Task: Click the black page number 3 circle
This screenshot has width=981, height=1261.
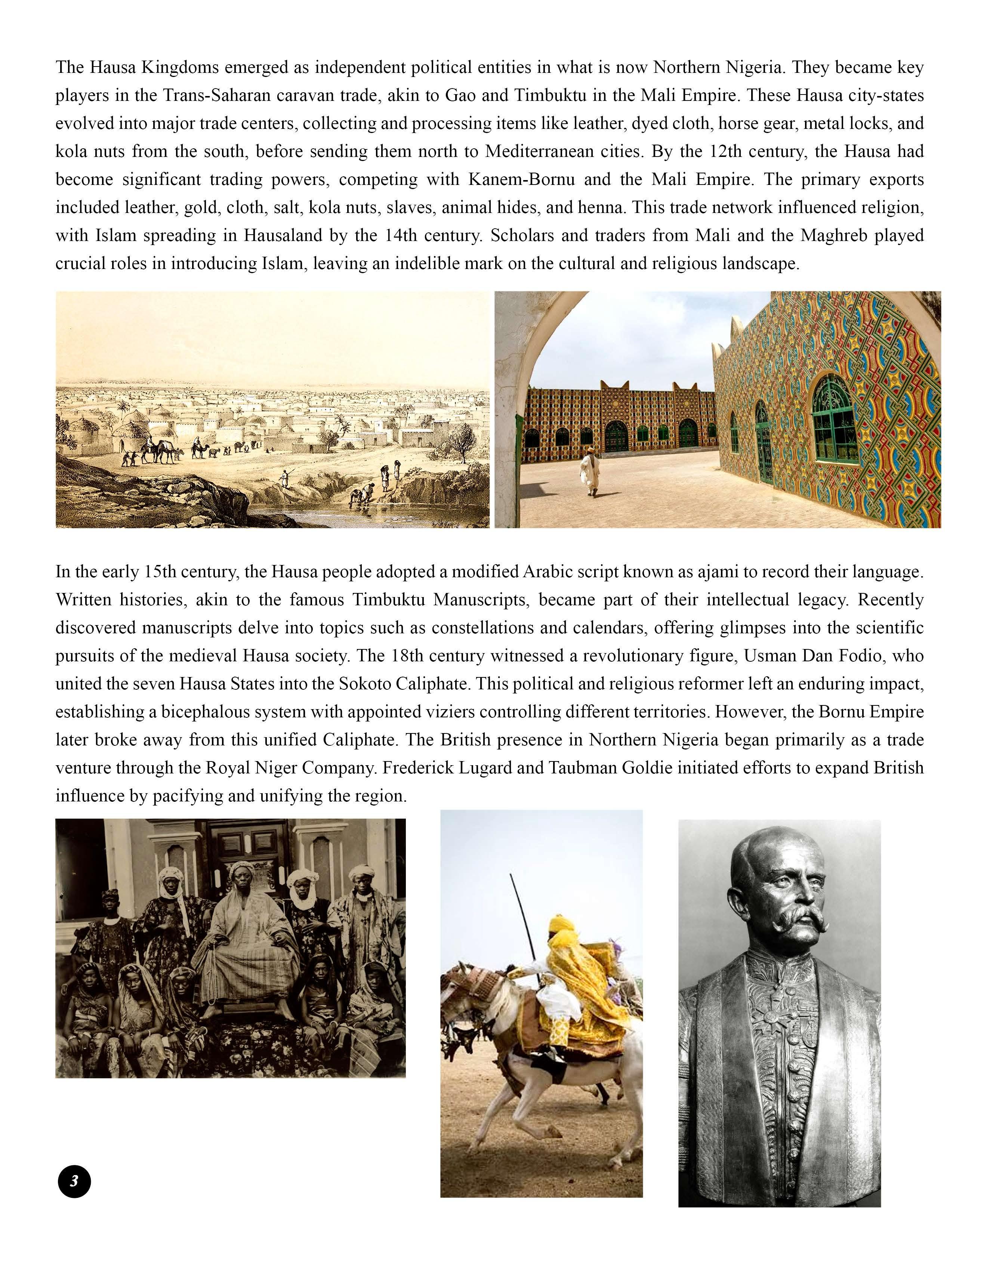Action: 74,1181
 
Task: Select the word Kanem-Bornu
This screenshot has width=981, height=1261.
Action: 521,180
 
